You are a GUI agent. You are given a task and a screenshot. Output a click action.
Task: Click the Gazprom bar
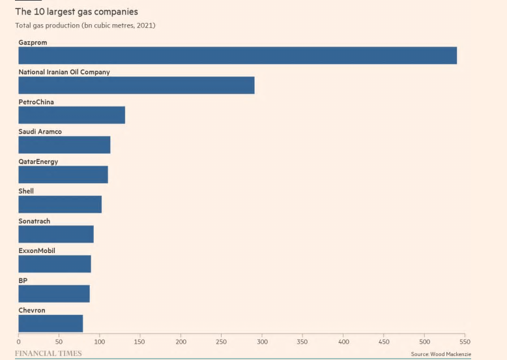[237, 55]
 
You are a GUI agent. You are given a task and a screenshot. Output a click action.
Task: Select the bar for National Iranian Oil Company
[136, 85]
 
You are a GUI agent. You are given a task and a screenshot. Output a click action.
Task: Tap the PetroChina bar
[72, 115]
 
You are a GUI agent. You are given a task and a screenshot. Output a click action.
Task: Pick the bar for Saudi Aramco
[64, 145]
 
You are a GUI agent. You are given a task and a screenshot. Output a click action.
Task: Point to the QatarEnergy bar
[63, 175]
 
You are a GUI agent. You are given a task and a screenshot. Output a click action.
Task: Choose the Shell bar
[60, 204]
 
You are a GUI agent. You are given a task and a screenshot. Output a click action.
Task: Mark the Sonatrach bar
[56, 234]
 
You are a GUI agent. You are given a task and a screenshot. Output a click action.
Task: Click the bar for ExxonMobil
[55, 264]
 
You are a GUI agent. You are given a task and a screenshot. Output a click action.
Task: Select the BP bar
[54, 293]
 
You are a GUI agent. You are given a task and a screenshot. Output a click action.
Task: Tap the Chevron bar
[51, 323]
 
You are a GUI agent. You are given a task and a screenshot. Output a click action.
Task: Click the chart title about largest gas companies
[76, 12]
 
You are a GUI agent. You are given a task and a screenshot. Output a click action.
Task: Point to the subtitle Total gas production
[85, 25]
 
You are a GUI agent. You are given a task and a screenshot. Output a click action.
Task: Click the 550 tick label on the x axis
[465, 341]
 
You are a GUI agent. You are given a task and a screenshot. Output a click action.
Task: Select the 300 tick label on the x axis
[262, 341]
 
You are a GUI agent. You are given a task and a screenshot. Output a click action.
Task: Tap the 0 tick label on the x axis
[19, 341]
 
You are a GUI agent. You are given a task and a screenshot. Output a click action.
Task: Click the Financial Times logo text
[48, 353]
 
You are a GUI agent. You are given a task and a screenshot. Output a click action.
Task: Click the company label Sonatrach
[34, 221]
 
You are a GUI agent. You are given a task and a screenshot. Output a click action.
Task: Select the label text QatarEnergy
[38, 162]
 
